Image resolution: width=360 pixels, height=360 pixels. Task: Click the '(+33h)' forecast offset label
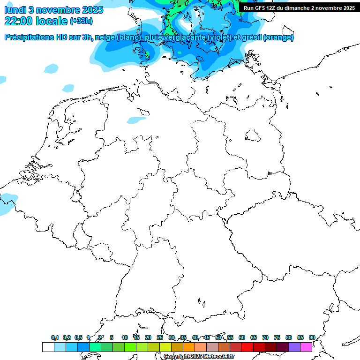[82, 21]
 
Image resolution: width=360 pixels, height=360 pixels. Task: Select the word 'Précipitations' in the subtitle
[30, 37]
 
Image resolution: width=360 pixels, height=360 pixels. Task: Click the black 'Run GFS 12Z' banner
[299, 8]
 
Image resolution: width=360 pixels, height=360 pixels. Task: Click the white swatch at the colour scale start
[48, 347]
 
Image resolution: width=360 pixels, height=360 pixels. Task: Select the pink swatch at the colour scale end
[306, 347]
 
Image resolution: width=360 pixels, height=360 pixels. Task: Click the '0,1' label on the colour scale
[55, 337]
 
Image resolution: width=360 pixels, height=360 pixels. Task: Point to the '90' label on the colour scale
[312, 337]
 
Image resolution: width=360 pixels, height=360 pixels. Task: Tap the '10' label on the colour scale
[125, 337]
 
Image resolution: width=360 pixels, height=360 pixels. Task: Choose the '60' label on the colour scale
[242, 337]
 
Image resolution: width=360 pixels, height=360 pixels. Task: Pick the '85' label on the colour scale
[300, 337]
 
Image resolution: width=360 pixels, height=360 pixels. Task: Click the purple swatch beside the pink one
[294, 347]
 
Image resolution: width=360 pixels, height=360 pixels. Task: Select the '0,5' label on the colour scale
[78, 337]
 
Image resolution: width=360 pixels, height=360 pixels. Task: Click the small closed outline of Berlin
[253, 136]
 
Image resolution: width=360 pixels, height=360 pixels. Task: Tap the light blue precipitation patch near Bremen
[136, 120]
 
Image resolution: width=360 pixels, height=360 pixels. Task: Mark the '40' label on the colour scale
[195, 337]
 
